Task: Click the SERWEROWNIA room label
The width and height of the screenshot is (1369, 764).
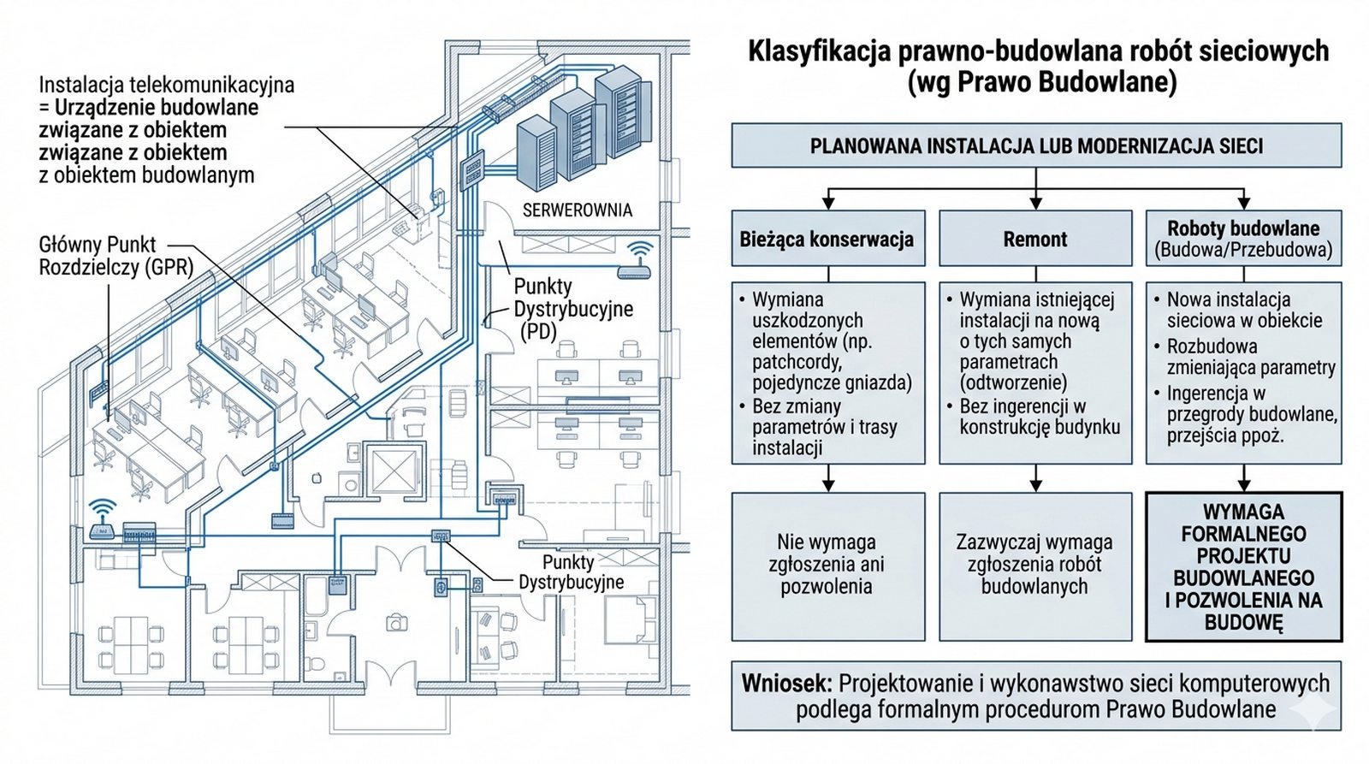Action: tap(578, 210)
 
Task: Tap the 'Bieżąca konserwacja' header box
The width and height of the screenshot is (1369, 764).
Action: tap(827, 240)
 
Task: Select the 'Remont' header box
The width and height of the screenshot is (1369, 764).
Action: tap(1035, 240)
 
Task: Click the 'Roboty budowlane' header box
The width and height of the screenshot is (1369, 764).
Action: tap(1243, 239)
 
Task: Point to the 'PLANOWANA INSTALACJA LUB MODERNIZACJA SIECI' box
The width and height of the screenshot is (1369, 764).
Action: tap(1036, 146)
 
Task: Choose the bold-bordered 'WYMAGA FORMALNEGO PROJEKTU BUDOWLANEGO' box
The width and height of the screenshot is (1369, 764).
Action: tap(1243, 566)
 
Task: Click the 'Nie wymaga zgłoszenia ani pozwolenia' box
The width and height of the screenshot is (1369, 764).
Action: tap(827, 565)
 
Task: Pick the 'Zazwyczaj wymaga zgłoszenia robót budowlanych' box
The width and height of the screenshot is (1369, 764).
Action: tap(1035, 565)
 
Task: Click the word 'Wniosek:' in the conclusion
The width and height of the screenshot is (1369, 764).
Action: tap(786, 684)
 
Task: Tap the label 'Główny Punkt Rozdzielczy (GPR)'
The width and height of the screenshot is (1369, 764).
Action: tap(116, 256)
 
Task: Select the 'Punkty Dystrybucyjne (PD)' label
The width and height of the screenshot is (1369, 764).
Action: tap(573, 309)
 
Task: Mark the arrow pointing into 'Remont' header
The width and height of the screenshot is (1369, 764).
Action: tap(1036, 201)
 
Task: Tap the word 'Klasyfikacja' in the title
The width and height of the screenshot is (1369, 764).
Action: tap(819, 51)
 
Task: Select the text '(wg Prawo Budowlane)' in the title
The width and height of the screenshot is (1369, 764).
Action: tap(1041, 82)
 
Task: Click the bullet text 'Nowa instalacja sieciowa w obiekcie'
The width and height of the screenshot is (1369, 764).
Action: tap(1244, 310)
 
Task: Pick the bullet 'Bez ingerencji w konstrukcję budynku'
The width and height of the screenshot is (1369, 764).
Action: tap(1039, 417)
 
